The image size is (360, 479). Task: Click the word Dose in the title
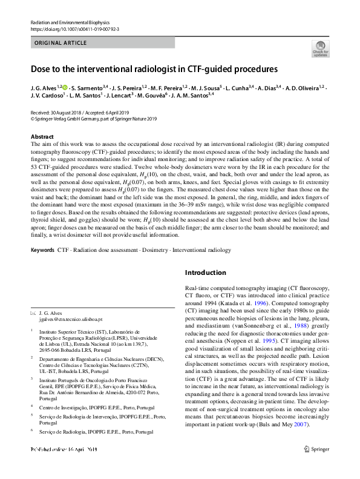pyautogui.click(x=41, y=69)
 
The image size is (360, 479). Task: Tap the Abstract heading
pyautogui.click(x=42, y=137)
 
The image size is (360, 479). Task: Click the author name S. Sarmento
pyautogui.click(x=88, y=88)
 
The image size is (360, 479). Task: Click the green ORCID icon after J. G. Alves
pyautogui.click(x=65, y=88)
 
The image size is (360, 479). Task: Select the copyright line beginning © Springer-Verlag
pyautogui.click(x=93, y=119)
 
